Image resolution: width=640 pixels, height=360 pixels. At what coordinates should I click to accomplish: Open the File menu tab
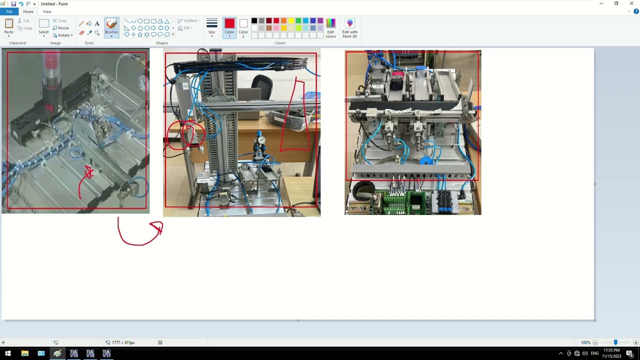pos(9,11)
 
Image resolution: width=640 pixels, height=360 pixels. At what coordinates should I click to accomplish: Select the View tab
pos(47,11)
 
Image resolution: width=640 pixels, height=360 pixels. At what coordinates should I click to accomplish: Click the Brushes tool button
pos(111,26)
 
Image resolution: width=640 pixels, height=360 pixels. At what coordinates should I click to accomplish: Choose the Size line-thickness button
pos(211,26)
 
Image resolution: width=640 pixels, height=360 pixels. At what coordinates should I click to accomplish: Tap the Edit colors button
pos(330,27)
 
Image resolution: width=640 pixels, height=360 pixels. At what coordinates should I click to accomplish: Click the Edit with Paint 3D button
pos(349,27)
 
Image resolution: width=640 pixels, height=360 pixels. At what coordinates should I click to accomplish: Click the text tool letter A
pos(97,23)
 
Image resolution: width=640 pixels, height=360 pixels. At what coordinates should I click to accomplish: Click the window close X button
pos(631,3)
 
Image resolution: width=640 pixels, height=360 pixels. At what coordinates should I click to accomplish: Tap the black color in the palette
pos(254,20)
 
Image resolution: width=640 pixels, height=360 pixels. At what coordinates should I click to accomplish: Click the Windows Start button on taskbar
pos(7,353)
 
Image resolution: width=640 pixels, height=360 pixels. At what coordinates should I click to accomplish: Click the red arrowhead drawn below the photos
pos(157,228)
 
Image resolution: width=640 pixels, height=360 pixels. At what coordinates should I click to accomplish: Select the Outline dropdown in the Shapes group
pos(188,20)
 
